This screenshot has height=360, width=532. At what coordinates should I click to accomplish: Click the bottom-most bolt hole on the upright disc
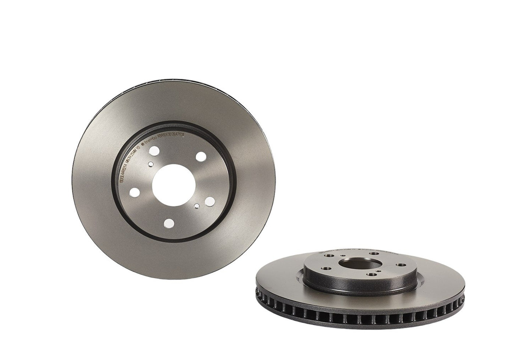169,223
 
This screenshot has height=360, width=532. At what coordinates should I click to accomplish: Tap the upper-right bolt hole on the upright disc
201,156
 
